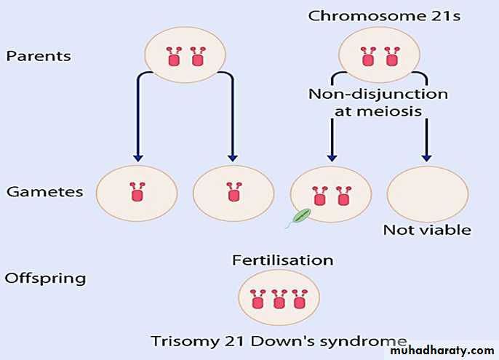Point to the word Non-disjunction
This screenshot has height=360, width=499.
click(x=378, y=94)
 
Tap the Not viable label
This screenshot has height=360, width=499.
click(x=427, y=230)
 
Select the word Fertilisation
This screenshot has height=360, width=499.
click(x=282, y=260)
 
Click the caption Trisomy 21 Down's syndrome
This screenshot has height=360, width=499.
click(x=279, y=340)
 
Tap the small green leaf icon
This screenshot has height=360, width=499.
click(x=300, y=216)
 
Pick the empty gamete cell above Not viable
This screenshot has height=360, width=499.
click(x=427, y=193)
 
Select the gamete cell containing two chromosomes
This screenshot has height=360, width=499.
click(x=330, y=193)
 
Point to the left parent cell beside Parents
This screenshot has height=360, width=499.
click(x=184, y=55)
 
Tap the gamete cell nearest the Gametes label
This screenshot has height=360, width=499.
click(x=137, y=193)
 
